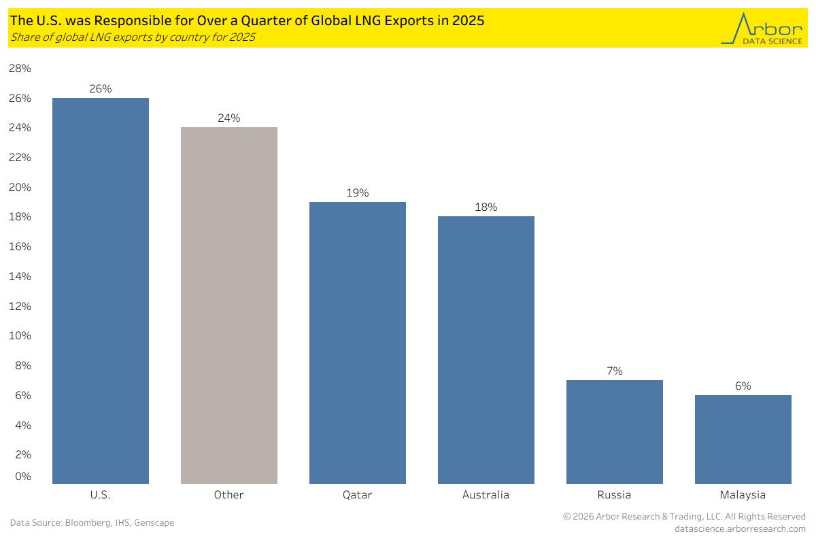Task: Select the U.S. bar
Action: click(x=101, y=291)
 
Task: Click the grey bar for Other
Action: click(x=229, y=306)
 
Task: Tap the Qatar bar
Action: click(x=358, y=343)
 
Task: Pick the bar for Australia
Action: click(x=486, y=350)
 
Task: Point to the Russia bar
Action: click(x=615, y=432)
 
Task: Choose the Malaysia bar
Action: click(x=743, y=439)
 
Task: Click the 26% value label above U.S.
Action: click(x=101, y=88)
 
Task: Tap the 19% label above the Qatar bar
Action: click(x=358, y=192)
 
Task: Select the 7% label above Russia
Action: click(x=615, y=371)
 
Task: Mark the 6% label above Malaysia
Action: click(x=743, y=386)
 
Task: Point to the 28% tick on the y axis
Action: click(x=20, y=68)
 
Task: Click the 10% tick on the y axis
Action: click(x=20, y=335)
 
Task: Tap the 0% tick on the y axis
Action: click(x=23, y=476)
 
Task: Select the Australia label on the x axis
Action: click(x=486, y=494)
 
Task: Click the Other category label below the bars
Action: click(x=228, y=494)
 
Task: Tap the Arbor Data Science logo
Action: click(x=762, y=29)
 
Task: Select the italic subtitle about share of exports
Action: click(x=133, y=37)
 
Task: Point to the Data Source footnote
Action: click(x=92, y=522)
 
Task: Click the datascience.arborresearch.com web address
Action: click(x=740, y=528)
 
